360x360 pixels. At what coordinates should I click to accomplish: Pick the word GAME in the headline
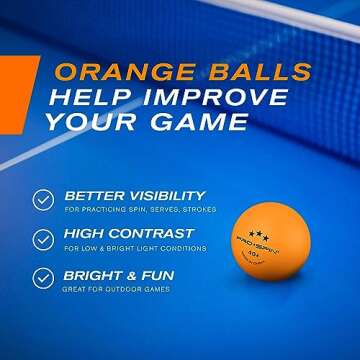click(201, 122)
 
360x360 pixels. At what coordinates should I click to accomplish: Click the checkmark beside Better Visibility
click(42, 199)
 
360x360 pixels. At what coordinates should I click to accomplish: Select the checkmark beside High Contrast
click(42, 239)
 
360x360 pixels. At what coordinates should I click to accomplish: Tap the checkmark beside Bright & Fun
click(42, 279)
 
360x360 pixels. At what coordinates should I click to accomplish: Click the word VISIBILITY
click(161, 195)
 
